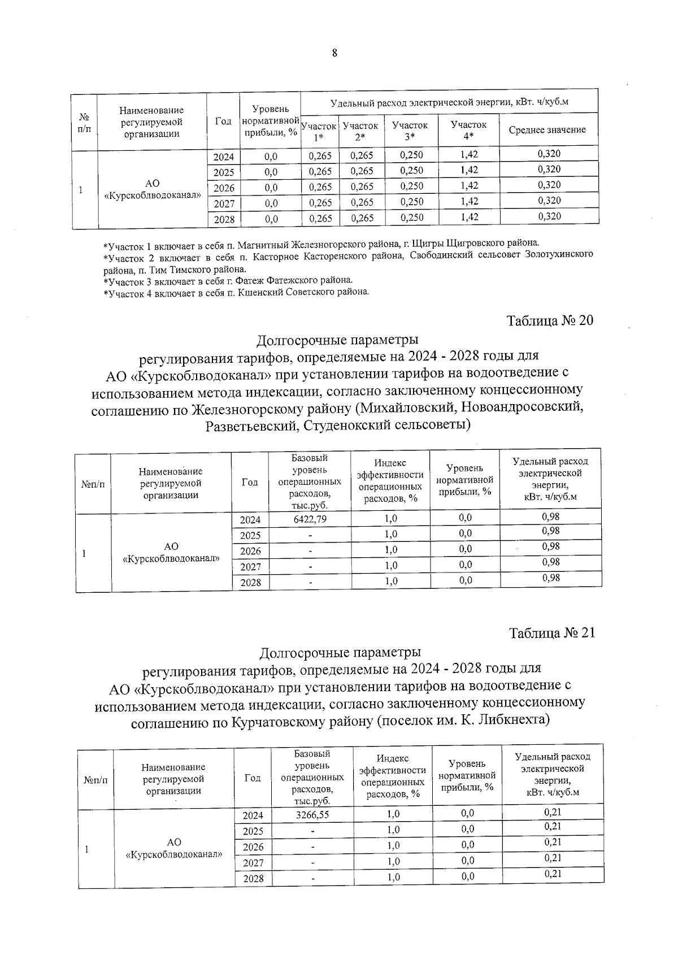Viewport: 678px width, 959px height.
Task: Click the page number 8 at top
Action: point(334,53)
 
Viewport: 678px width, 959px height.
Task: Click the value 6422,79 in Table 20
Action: point(310,519)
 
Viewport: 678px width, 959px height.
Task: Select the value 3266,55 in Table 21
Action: point(312,815)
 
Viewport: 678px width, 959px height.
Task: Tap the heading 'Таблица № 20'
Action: point(550,320)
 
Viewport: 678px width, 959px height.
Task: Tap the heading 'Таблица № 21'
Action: point(552,632)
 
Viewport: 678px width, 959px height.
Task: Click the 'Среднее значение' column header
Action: point(547,130)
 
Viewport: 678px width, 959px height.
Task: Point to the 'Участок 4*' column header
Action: point(468,131)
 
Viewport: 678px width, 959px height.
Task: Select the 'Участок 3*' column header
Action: point(410,131)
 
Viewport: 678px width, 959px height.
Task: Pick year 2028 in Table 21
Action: point(253,879)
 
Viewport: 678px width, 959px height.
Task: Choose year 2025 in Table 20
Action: point(250,535)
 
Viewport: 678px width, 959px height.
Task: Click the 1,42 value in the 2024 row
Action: point(469,155)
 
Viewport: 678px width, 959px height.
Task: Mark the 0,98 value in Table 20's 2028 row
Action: point(550,578)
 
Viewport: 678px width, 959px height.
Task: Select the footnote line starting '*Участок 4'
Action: point(236,292)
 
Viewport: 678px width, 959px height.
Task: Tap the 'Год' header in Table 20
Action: point(249,481)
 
